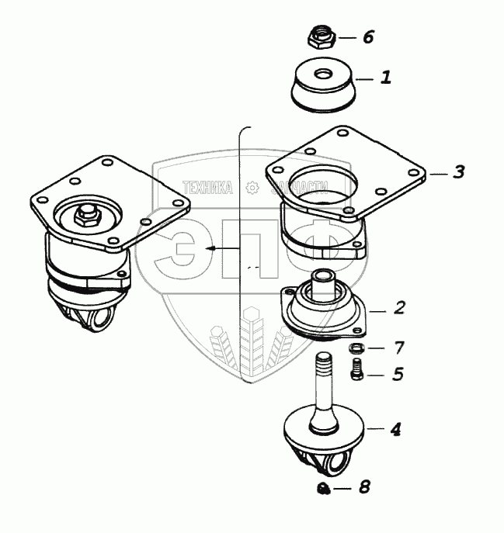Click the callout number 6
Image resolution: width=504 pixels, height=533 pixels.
point(368,37)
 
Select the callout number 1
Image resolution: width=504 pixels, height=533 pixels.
point(384,78)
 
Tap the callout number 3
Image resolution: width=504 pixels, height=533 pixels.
point(458,172)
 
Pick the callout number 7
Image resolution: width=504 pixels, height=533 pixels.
point(398,346)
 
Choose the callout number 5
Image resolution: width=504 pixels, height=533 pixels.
point(398,375)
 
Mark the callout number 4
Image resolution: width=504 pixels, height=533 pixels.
point(395,427)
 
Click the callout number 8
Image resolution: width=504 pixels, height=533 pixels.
point(364,488)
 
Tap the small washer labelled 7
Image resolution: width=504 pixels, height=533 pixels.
point(356,347)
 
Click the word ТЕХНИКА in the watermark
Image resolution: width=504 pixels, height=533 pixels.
point(207,187)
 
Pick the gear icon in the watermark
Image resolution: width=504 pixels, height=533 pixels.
point(251,187)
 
